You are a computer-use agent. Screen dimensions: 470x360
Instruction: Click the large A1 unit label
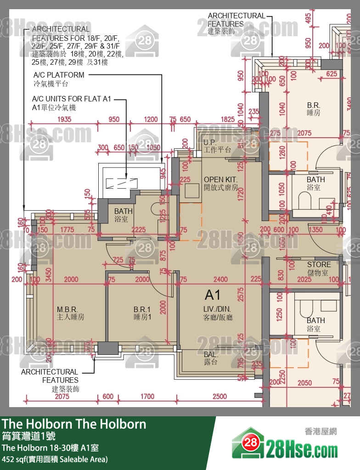pos(213,294)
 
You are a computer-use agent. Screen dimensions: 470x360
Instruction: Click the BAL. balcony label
pos(211,358)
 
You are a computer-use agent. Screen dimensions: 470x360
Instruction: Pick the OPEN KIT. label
pos(220,184)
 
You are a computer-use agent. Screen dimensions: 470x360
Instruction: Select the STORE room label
pos(319,269)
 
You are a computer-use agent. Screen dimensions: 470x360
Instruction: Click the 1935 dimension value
pos(64,119)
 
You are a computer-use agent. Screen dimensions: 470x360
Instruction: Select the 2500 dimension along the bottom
pos(220,396)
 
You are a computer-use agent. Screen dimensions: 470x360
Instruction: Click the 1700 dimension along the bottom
pos(147,396)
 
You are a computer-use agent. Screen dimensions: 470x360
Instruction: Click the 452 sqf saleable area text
pos(55,459)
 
